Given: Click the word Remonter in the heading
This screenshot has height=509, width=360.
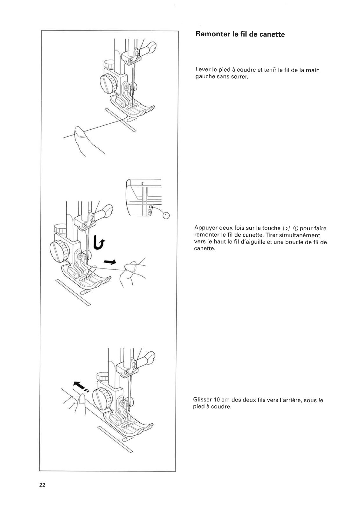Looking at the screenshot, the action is pos(211,34).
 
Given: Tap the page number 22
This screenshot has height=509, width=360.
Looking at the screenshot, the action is pos(42,485).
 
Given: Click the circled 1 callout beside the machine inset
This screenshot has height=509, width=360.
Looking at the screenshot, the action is pos(166,216).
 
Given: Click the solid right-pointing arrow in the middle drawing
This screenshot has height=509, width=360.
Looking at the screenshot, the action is pos(110,262).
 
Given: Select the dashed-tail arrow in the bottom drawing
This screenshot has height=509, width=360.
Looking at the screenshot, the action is pos(81,387).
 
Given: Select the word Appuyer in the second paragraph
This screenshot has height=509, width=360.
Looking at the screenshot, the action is pos(206,228).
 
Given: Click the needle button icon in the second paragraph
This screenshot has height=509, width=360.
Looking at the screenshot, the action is pos(286,228).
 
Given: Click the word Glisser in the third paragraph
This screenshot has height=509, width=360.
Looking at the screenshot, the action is pos(202,400).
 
